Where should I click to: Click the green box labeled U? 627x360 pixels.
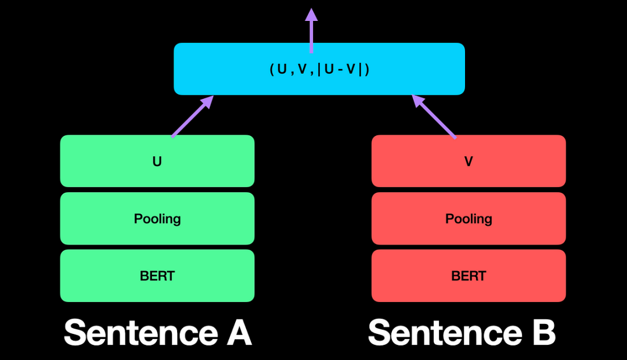116,161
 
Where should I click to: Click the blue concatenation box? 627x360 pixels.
221,69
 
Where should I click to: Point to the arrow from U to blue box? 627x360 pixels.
191,117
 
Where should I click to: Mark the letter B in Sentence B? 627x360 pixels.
541,333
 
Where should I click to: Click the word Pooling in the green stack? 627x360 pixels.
157,218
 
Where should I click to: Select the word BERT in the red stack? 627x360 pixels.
469,275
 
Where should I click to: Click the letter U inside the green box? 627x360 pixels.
157,161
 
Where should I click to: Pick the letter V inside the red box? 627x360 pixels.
469,161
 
